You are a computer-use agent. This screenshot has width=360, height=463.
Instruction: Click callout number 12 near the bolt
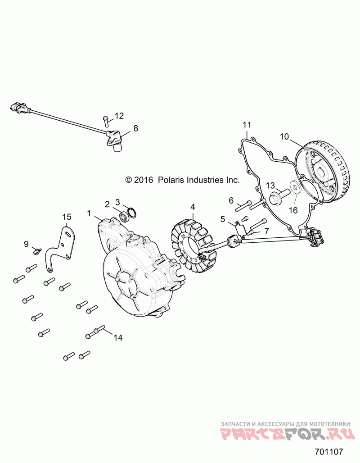pos(119,116)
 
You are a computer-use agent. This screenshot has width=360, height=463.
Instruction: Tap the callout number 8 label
pos(136,128)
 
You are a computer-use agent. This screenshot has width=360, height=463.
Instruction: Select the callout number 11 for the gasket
pos(247,124)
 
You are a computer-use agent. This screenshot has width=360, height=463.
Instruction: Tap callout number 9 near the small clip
pos(27,244)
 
